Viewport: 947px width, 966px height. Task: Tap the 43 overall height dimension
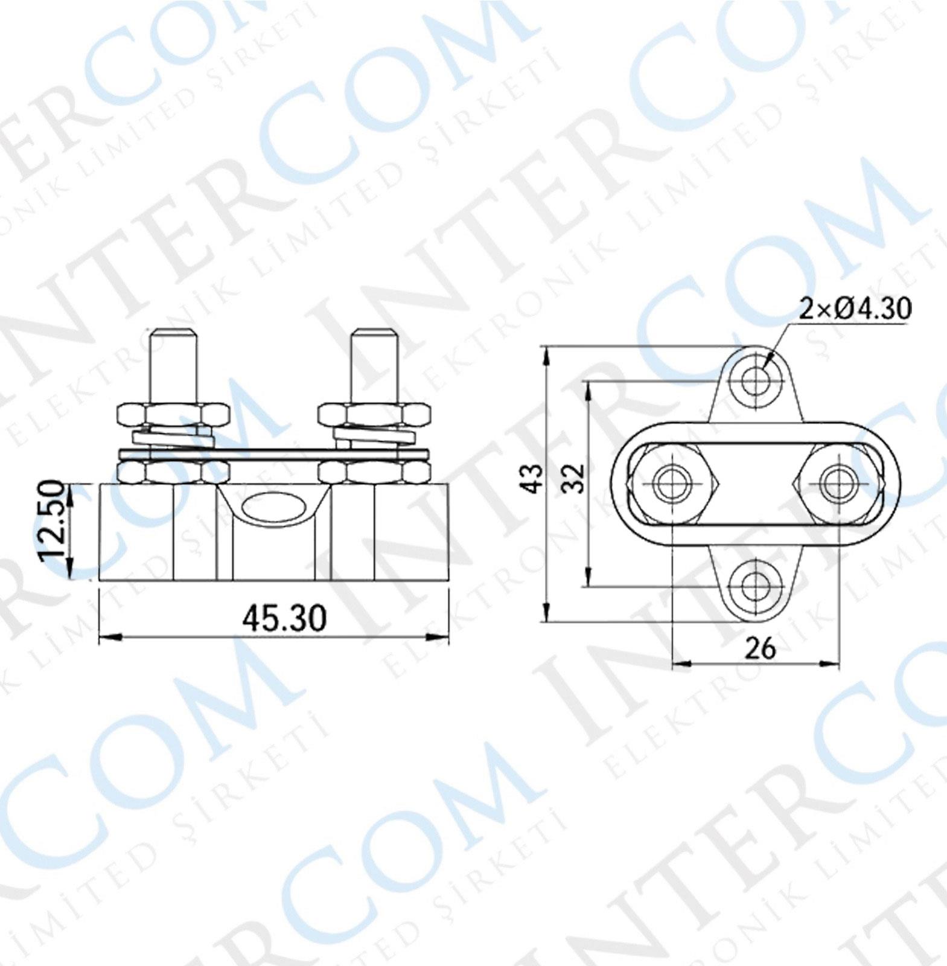[x=532, y=478]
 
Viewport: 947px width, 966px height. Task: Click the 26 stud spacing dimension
[x=759, y=650]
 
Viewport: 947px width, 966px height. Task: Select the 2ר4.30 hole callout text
[x=855, y=309]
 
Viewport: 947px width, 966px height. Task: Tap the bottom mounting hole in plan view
[x=754, y=586]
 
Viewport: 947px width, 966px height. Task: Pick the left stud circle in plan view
[x=672, y=484]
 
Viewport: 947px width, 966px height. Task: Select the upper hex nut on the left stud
[x=173, y=415]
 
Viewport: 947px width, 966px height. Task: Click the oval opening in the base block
[x=273, y=506]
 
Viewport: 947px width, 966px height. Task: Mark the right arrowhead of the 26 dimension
[x=833, y=664]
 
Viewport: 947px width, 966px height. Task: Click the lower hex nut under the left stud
[x=173, y=472]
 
